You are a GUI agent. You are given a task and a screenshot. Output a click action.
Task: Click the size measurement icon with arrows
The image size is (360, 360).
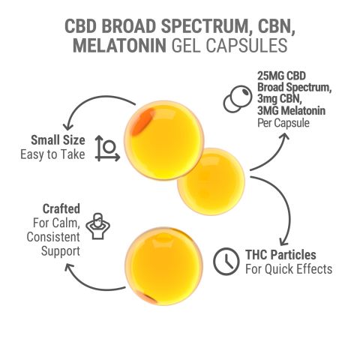[106, 148]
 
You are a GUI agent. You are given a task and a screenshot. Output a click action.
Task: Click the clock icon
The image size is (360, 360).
[223, 260]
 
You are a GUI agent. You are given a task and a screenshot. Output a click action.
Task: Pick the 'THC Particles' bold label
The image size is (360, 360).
[281, 254]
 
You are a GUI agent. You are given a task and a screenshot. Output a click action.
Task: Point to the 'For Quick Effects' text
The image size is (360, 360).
[288, 268]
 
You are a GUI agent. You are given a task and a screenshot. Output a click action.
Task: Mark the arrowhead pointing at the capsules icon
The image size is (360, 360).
[284, 139]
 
